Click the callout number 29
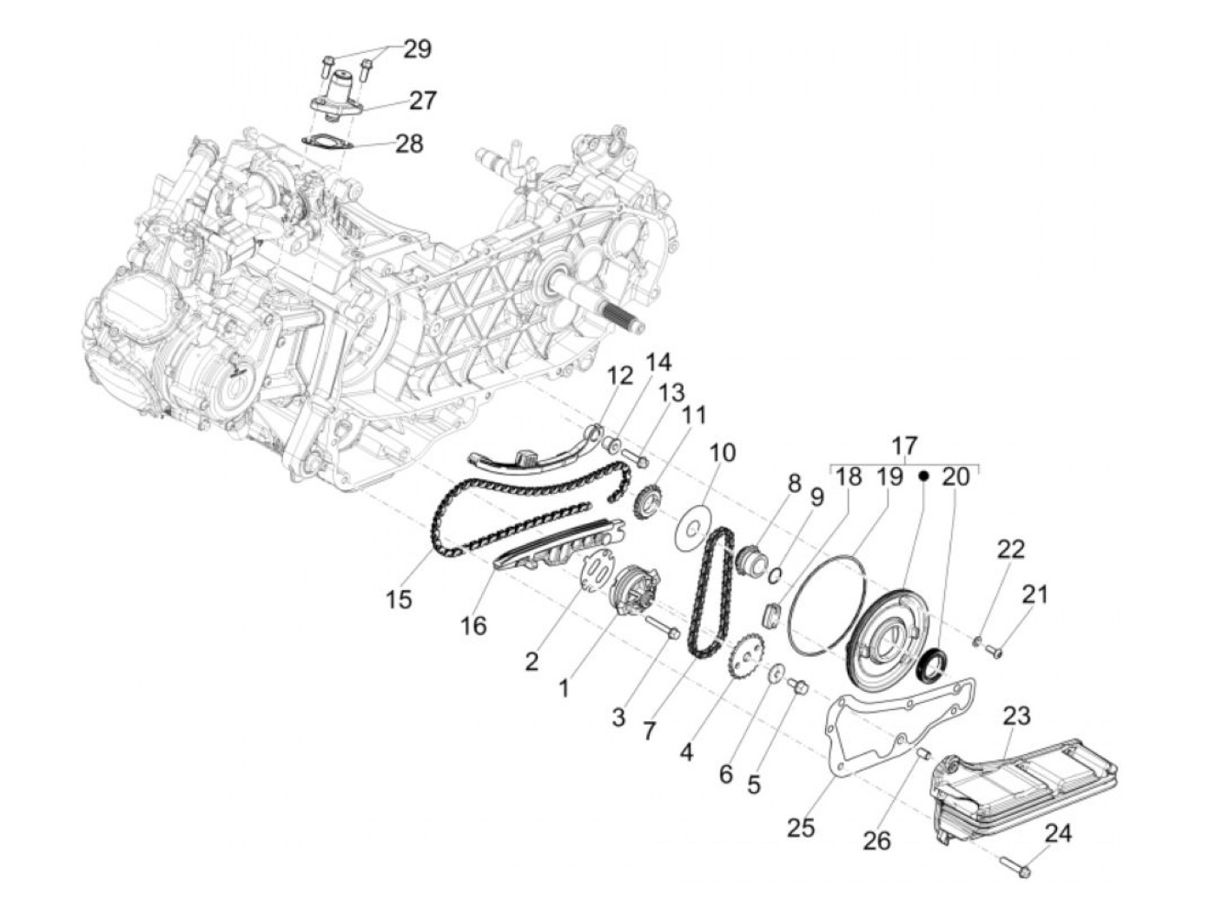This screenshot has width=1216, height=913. (417, 49)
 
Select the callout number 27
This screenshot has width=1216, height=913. (423, 100)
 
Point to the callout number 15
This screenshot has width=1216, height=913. (399, 599)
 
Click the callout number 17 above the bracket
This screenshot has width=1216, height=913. (904, 446)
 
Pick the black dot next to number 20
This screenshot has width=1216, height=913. (924, 476)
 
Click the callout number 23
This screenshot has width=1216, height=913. (1016, 716)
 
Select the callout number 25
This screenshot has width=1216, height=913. (801, 827)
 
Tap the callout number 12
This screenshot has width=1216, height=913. (621, 376)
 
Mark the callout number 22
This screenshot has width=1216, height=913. (1011, 548)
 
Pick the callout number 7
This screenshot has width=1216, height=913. (649, 731)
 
